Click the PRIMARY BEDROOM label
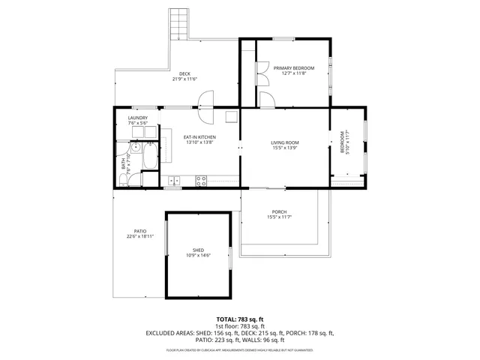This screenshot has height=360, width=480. pos(293,68)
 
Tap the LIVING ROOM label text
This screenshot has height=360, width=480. pos(285,142)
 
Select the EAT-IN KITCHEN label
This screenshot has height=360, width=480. pos(200,136)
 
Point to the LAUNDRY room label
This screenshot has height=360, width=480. pos(137,118)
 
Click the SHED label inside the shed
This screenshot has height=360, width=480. pos(198,250)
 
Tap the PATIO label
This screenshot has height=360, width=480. pos(140,231)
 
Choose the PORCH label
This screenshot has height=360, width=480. pos(279,212)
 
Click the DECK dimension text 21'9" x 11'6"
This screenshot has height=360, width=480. pos(184,79)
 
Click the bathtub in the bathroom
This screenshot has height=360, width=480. pos(149,157)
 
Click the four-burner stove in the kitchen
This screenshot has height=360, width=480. pos(201,180)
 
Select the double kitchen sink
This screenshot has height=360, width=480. pos(174,180)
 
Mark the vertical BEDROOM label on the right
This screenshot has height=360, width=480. pos(343,142)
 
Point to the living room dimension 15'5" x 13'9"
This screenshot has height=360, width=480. pos(285,148)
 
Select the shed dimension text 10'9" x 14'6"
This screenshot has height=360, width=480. pos(198,256)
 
